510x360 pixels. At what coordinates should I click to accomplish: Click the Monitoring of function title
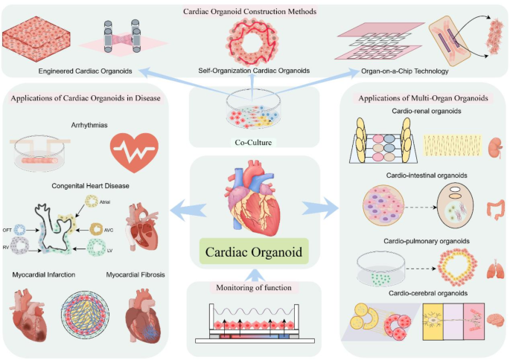point(255,288)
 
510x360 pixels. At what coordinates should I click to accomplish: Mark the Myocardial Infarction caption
point(45,276)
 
